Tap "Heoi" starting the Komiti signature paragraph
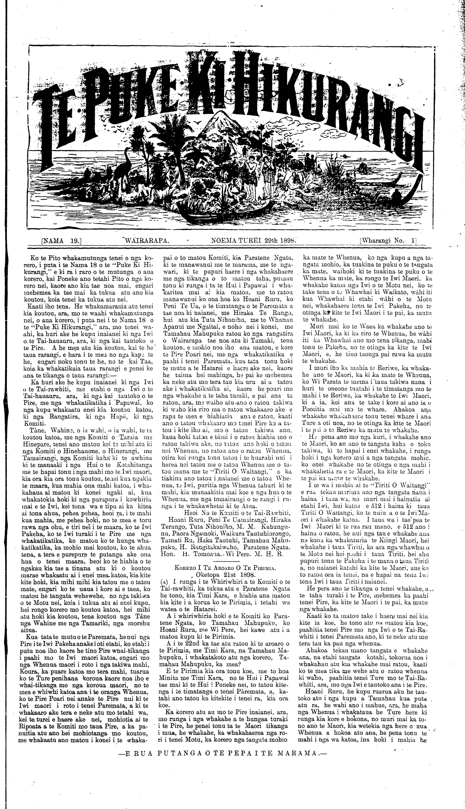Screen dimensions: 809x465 tap(192, 510)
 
